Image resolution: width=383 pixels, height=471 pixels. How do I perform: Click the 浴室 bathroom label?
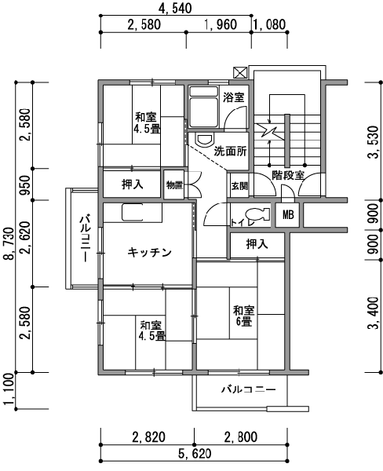coord(233,97)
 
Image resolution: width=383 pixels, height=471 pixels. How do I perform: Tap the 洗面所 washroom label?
coord(230,152)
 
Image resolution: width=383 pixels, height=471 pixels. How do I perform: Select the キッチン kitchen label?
coord(149,252)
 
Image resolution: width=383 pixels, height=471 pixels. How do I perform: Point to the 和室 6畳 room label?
coord(244,316)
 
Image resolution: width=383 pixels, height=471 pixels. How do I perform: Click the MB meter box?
coord(287,215)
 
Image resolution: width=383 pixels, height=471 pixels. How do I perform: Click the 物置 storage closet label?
coord(174,185)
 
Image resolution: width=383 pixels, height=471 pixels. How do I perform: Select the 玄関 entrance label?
coord(239,186)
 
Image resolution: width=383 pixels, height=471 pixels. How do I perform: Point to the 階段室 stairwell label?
coord(288,175)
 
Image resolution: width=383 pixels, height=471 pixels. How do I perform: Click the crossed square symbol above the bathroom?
coord(240,73)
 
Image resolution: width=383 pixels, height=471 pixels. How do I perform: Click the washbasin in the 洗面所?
coord(205,140)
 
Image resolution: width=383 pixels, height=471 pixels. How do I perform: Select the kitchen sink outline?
coord(132,213)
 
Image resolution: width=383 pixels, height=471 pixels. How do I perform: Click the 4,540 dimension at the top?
coord(175,8)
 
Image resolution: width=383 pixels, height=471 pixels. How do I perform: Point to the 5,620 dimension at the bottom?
coord(195,453)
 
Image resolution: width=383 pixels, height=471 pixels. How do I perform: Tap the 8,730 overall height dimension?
coord(9,243)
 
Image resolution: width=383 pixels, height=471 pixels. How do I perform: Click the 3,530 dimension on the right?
coord(374,142)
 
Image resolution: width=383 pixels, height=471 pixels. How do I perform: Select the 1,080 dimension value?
coord(269,24)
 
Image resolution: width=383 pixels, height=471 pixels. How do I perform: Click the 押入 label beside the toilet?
coord(257,244)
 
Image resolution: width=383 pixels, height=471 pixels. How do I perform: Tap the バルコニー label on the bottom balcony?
coord(249,390)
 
